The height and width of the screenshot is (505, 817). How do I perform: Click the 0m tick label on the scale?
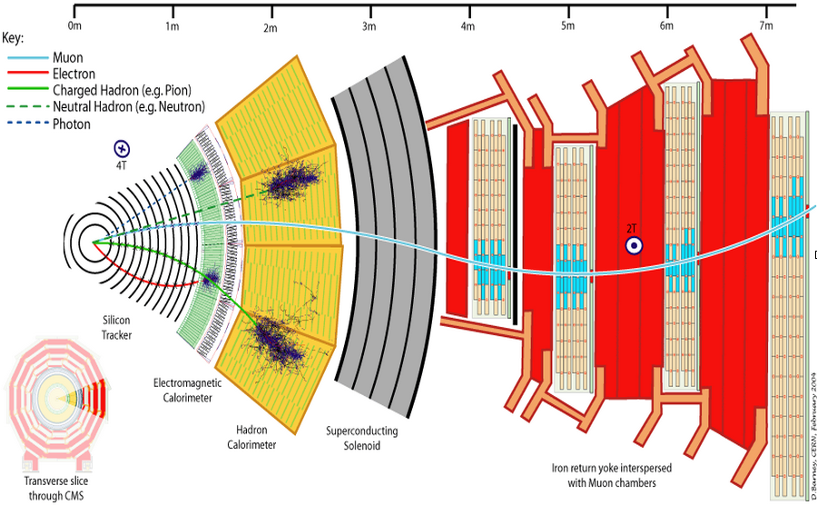coord(74,27)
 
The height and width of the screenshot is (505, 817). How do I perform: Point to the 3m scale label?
coord(369,27)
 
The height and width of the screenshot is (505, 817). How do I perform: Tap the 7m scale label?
coord(765,27)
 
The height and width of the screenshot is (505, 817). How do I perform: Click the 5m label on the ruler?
coord(567,27)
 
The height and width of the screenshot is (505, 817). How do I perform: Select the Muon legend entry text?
coord(68,58)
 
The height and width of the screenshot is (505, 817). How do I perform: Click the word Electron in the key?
coord(74,74)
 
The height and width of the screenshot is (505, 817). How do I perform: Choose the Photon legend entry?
coord(72,124)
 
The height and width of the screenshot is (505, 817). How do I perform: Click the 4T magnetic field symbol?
coord(122,148)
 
